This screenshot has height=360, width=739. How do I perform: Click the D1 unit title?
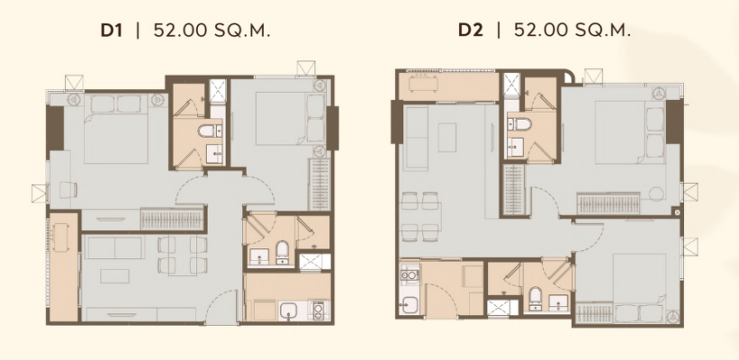[x=112, y=31]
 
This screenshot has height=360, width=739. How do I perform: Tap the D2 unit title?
[x=471, y=31]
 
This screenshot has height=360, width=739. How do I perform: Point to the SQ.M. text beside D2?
[x=602, y=31]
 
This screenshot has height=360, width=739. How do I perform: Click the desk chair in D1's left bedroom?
[x=68, y=190]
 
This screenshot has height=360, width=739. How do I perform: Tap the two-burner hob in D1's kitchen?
[x=319, y=310]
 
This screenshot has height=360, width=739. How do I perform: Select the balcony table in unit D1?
[x=60, y=237]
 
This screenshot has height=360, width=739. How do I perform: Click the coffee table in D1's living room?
[x=114, y=275]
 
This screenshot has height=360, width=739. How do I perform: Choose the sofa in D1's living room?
[x=114, y=247]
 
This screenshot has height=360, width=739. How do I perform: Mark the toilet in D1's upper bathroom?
[x=210, y=130]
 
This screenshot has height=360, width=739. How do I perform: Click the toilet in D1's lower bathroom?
[x=282, y=251]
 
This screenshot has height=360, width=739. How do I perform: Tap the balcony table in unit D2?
[x=423, y=84]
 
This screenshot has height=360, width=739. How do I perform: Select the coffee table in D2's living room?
[x=446, y=137]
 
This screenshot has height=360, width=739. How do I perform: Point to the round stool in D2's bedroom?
[x=656, y=194]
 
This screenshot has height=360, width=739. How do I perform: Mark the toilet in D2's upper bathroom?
[x=520, y=124]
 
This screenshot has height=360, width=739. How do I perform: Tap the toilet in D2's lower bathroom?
[x=536, y=298]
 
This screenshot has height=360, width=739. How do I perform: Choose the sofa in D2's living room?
[x=416, y=137]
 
